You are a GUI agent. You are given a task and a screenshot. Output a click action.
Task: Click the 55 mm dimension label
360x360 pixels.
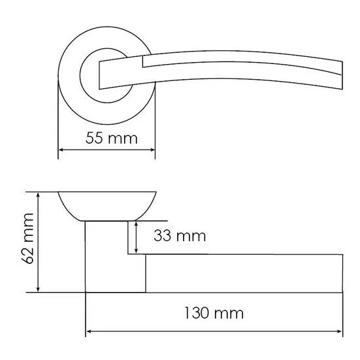[112, 139]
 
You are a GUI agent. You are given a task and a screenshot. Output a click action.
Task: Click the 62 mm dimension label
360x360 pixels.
[27, 238]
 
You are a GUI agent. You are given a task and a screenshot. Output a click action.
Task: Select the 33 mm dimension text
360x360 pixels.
[180, 236]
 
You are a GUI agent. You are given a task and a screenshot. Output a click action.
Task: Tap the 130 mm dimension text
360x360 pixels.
[214, 314]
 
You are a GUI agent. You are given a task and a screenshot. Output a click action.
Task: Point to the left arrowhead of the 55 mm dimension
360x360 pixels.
[61, 150]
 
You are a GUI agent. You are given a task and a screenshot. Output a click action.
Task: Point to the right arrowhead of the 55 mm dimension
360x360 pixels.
[152, 150]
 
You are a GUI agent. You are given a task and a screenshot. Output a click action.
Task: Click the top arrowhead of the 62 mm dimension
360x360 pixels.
[38, 195]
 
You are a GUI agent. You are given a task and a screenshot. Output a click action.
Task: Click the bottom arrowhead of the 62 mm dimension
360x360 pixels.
[38, 289]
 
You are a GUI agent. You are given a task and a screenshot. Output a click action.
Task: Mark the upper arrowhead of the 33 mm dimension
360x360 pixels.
[136, 224]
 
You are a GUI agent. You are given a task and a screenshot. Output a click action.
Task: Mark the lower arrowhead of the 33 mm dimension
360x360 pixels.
[136, 251]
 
